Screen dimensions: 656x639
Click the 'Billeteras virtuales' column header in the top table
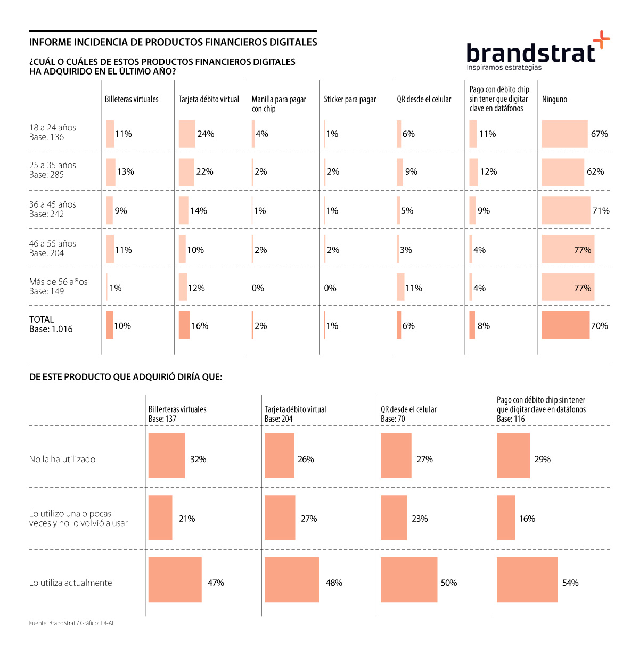point(132,99)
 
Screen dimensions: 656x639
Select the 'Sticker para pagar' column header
point(350,99)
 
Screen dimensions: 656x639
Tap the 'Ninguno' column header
point(554,99)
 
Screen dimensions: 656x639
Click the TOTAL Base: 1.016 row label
point(51,324)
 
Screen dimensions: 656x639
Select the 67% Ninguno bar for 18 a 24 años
point(564,134)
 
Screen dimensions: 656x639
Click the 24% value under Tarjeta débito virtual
point(206,134)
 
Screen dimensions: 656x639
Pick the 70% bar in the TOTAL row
point(566,325)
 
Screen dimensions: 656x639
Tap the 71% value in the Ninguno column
point(601,211)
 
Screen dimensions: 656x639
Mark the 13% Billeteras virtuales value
point(126,172)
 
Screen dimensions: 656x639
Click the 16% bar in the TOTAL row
point(184,325)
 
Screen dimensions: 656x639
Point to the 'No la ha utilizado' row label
point(62,460)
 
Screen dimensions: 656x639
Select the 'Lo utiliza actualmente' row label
point(70,583)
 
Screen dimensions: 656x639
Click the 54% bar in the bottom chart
point(527,580)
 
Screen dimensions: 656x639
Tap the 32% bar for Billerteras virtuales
point(167,456)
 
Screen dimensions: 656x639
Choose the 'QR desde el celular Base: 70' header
point(408,414)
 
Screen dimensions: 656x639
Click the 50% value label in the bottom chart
point(449,583)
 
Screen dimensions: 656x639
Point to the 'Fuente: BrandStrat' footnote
point(72,623)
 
